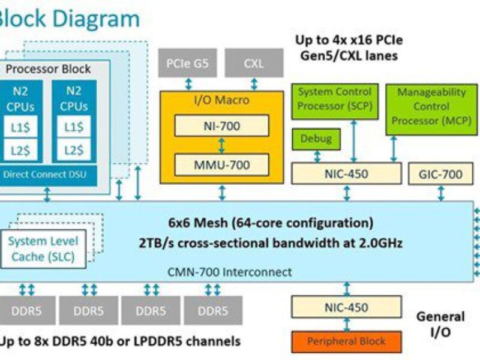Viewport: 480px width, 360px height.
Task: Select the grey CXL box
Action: point(254,63)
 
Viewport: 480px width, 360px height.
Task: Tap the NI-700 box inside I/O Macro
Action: point(222,125)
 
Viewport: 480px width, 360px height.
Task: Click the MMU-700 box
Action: point(222,164)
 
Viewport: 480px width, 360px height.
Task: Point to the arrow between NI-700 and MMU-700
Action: point(222,145)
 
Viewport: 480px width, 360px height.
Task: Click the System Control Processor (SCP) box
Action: point(335,100)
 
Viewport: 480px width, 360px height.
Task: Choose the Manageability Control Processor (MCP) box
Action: point(423,107)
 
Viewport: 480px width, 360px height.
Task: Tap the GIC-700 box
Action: point(440,174)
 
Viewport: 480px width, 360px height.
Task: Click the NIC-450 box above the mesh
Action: point(346,174)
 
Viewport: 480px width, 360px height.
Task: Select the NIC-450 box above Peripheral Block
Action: point(346,307)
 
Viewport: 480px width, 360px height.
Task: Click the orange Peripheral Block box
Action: point(346,341)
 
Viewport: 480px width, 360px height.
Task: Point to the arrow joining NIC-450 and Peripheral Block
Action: point(346,324)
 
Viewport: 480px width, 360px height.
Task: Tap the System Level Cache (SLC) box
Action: point(43,250)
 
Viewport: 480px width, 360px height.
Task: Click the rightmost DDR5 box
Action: point(213,311)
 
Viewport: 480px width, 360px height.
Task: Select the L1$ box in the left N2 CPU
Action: point(22,127)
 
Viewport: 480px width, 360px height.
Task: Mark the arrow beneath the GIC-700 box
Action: point(441,193)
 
